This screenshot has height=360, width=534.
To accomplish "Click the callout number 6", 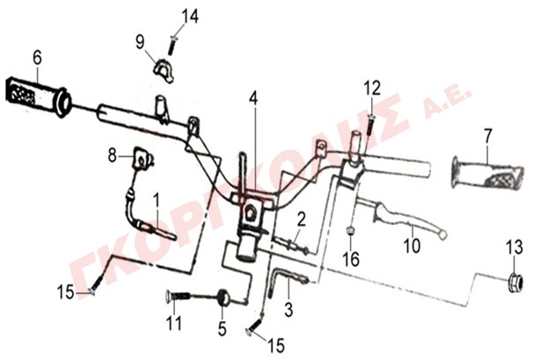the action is (37, 58).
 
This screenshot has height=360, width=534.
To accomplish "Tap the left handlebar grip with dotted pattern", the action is (38, 96).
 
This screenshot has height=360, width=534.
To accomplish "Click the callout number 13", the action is (514, 247).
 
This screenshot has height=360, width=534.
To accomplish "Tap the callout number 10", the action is (412, 246).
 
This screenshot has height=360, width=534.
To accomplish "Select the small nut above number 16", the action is (349, 231).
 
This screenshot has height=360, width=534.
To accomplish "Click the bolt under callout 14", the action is (172, 45).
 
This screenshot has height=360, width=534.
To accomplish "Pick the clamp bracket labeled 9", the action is (162, 70).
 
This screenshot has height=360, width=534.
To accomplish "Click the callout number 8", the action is (112, 156).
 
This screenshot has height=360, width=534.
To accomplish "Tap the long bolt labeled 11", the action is (178, 296).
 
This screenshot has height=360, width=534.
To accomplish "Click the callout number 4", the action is (253, 99).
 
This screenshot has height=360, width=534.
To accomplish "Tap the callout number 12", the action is (372, 88).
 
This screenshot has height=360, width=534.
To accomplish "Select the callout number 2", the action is (302, 219).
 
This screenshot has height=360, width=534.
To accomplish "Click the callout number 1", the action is (157, 201).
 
